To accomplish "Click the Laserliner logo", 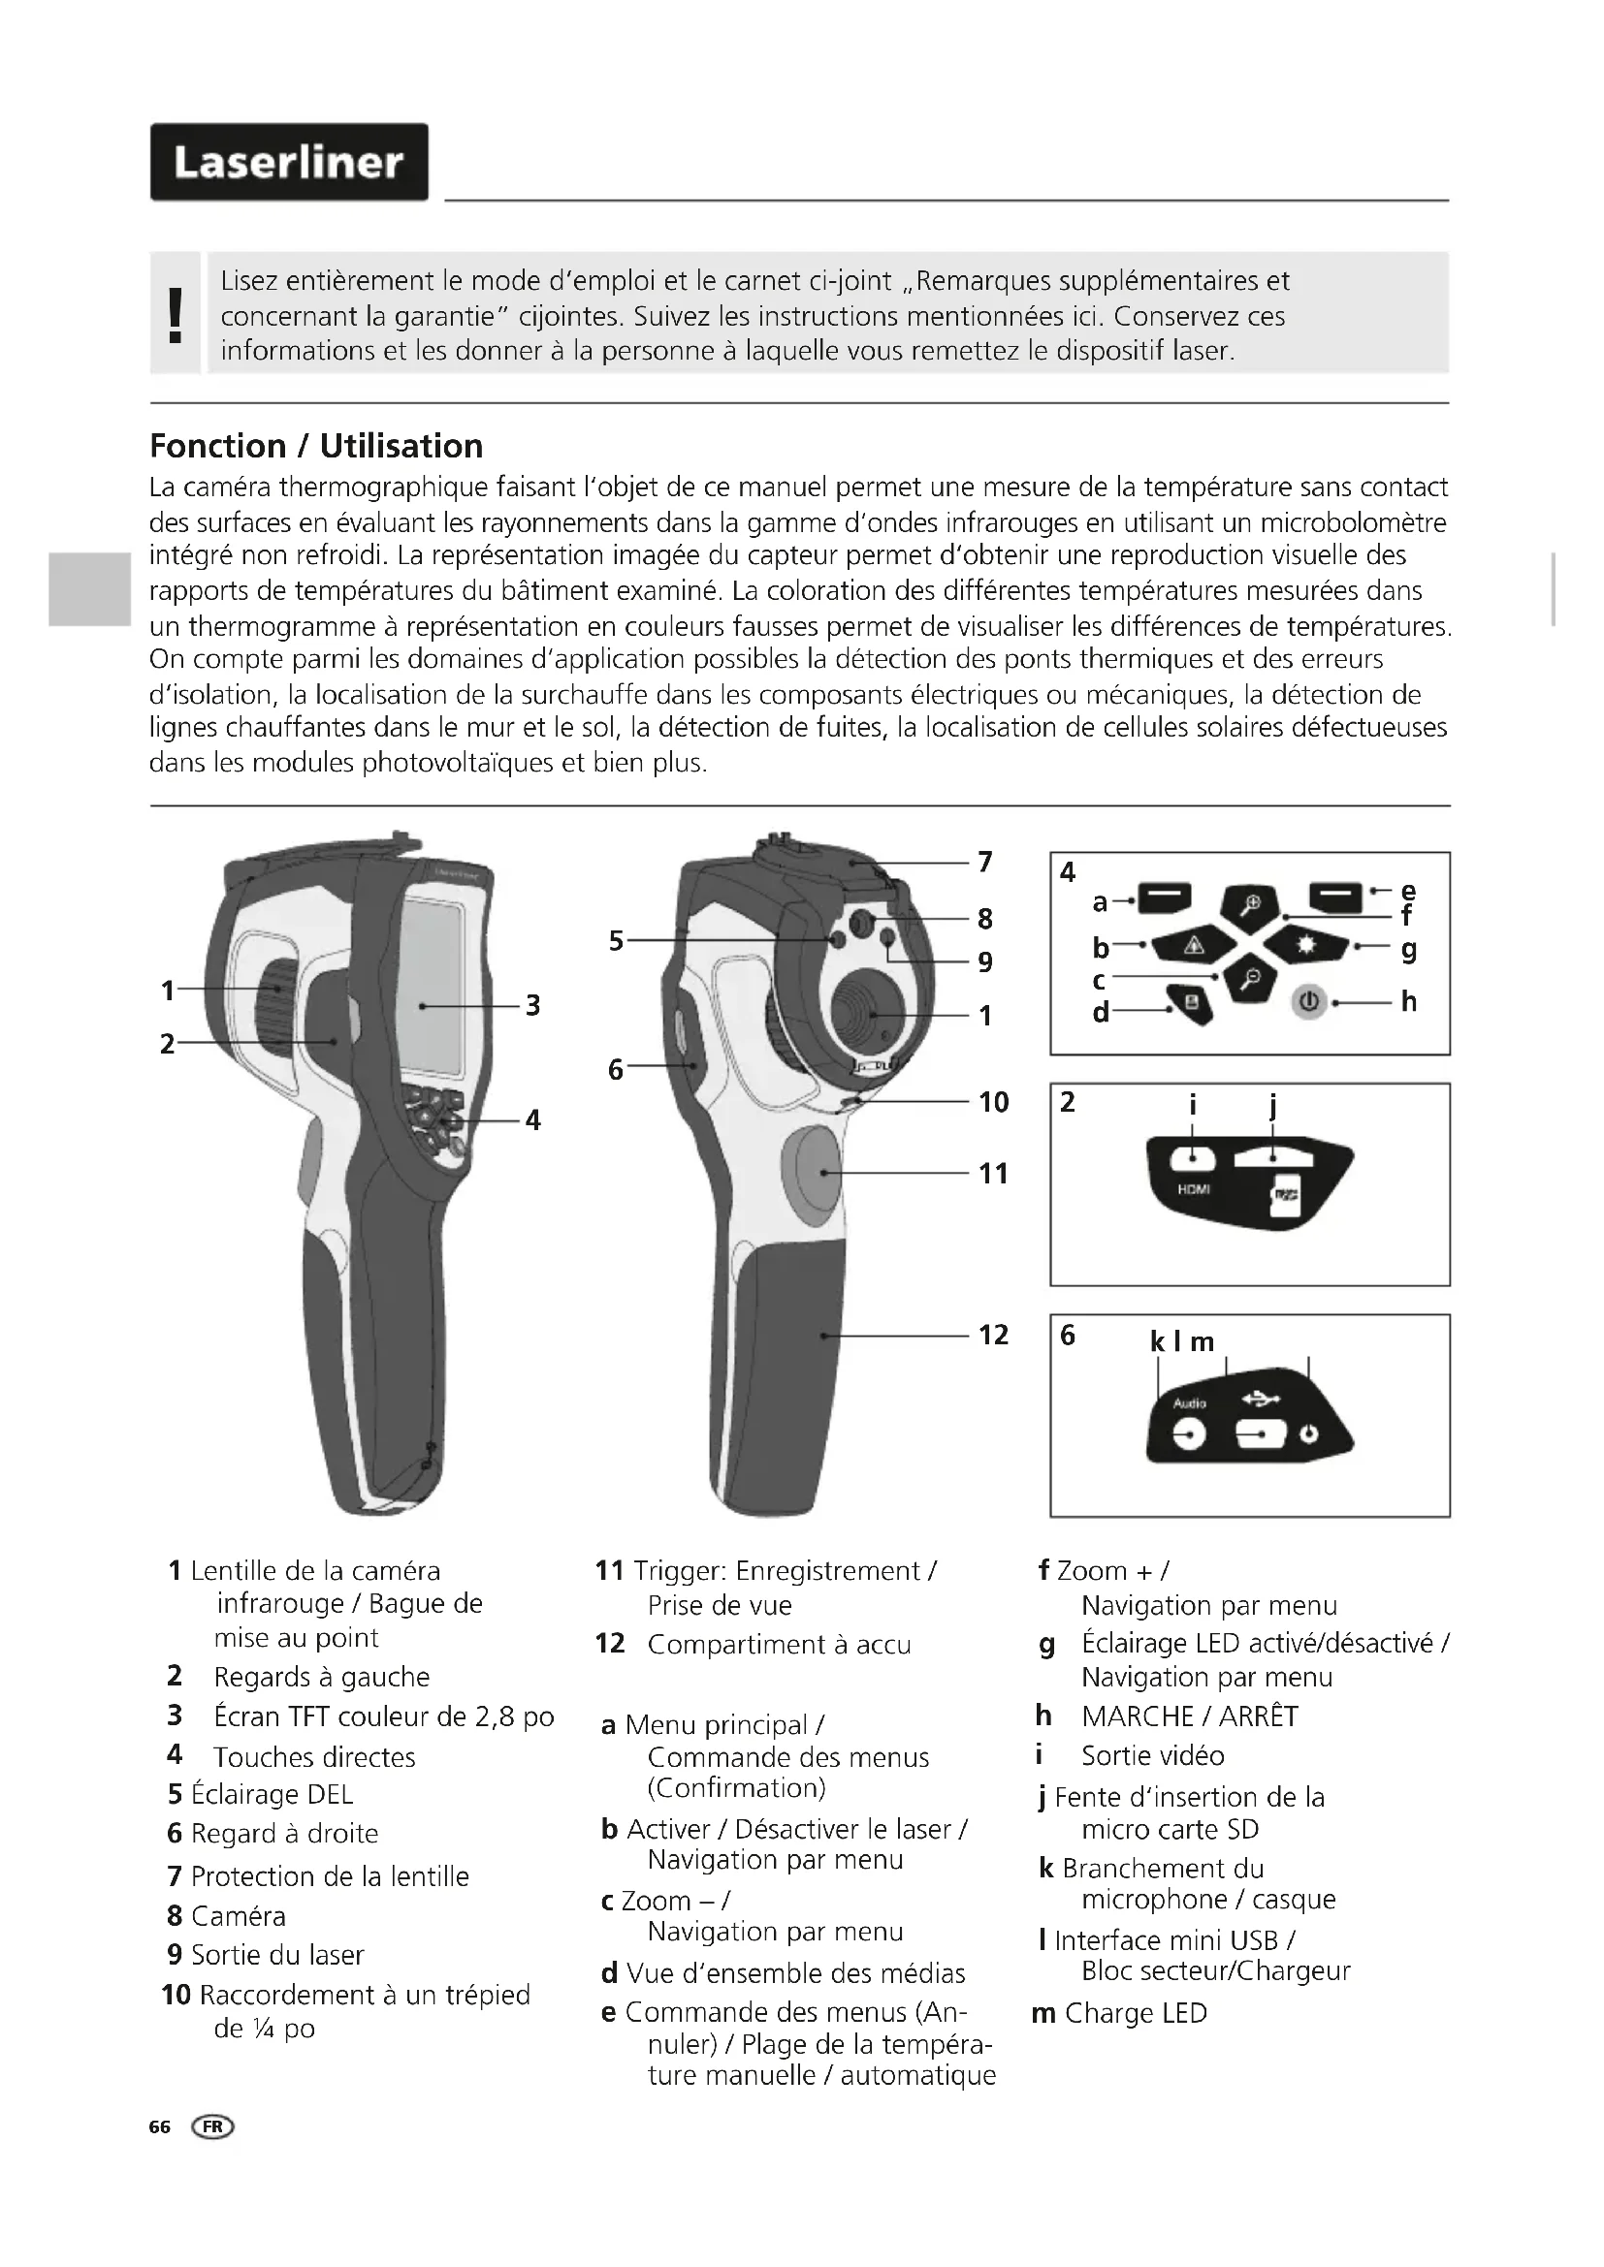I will coord(288,162).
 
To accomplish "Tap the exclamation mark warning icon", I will coord(176,315).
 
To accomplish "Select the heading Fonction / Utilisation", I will coord(316,446).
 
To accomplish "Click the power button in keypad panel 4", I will coord(1308,1001).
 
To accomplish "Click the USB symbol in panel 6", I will coord(1263,1399).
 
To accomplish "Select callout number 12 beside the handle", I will coord(994,1335).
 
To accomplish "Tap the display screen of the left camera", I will coord(433,988).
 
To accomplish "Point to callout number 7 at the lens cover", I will coord(984,862).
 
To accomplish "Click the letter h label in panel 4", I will coord(1408,1001).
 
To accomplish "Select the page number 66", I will coord(160,2126).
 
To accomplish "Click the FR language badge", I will coord(214,2126).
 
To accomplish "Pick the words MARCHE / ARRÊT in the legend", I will coord(1189,1716).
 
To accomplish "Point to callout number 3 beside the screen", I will coord(532,1005).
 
